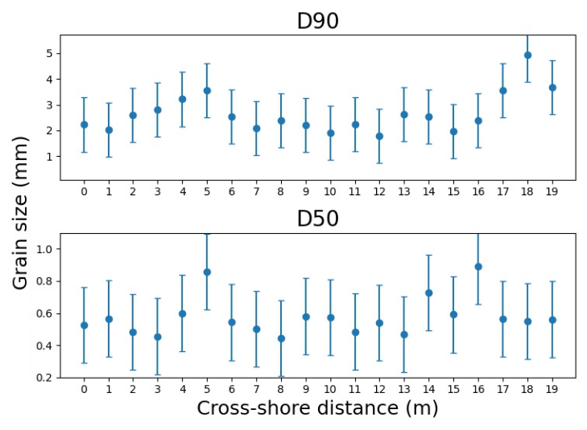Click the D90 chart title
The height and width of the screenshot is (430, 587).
point(317,21)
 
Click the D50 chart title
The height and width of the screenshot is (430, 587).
point(317,219)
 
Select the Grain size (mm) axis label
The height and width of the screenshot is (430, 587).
point(21,213)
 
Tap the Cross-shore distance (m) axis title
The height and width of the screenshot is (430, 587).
point(317,408)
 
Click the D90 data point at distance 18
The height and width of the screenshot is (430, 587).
point(527,55)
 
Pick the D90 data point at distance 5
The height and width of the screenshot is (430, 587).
point(207,91)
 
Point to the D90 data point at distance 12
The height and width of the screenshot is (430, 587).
point(379,137)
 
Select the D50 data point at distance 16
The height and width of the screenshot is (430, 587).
point(478,267)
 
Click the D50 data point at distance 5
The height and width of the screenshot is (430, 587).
point(207,272)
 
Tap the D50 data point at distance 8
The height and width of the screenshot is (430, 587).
point(281,338)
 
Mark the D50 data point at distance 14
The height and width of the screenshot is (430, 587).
point(429,293)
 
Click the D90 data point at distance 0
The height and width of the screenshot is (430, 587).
point(84,125)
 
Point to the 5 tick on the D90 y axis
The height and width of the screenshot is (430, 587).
point(49,54)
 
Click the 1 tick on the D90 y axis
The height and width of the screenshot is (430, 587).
point(49,157)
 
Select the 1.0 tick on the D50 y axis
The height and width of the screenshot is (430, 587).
point(45,249)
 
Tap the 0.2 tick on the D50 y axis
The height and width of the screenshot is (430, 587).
point(45,378)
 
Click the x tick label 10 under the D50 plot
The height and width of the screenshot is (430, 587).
point(330,390)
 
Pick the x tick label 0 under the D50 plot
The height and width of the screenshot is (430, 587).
point(84,390)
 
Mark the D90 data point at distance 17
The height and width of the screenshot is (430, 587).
point(503,91)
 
